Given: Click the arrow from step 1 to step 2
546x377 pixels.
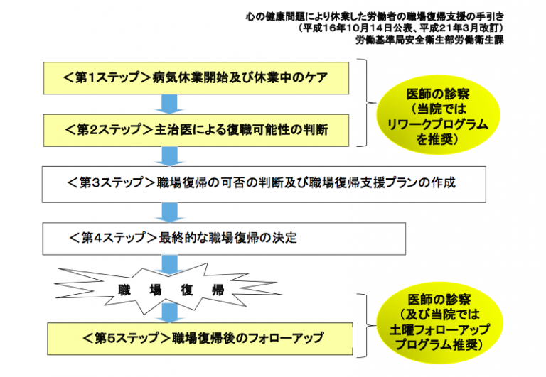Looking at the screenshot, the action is tap(170, 104).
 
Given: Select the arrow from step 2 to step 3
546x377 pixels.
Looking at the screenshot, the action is tap(170, 156).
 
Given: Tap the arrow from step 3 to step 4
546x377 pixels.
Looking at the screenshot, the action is tap(170, 212).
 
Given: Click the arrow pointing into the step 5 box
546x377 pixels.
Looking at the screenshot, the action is tap(170, 312).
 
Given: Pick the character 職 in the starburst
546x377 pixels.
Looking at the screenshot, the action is tap(124, 290).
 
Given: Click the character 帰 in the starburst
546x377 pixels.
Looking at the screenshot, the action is tap(218, 290).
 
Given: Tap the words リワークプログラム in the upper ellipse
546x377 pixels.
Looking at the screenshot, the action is tap(438, 125).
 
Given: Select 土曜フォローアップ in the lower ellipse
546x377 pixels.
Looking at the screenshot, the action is tap(439, 329).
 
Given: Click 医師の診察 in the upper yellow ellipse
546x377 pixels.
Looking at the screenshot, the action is tap(438, 94).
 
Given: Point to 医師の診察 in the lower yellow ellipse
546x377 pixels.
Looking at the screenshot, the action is tap(439, 300).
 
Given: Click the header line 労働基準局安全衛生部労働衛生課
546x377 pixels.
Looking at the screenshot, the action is tap(429, 40).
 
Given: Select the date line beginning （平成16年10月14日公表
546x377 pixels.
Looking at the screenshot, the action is tap(400, 28).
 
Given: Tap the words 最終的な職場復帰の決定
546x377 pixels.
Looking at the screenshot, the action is tap(227, 238).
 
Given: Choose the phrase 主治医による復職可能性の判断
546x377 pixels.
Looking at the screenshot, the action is tap(241, 130).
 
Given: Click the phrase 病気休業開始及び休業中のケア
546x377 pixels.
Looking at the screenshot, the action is tap(240, 77).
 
